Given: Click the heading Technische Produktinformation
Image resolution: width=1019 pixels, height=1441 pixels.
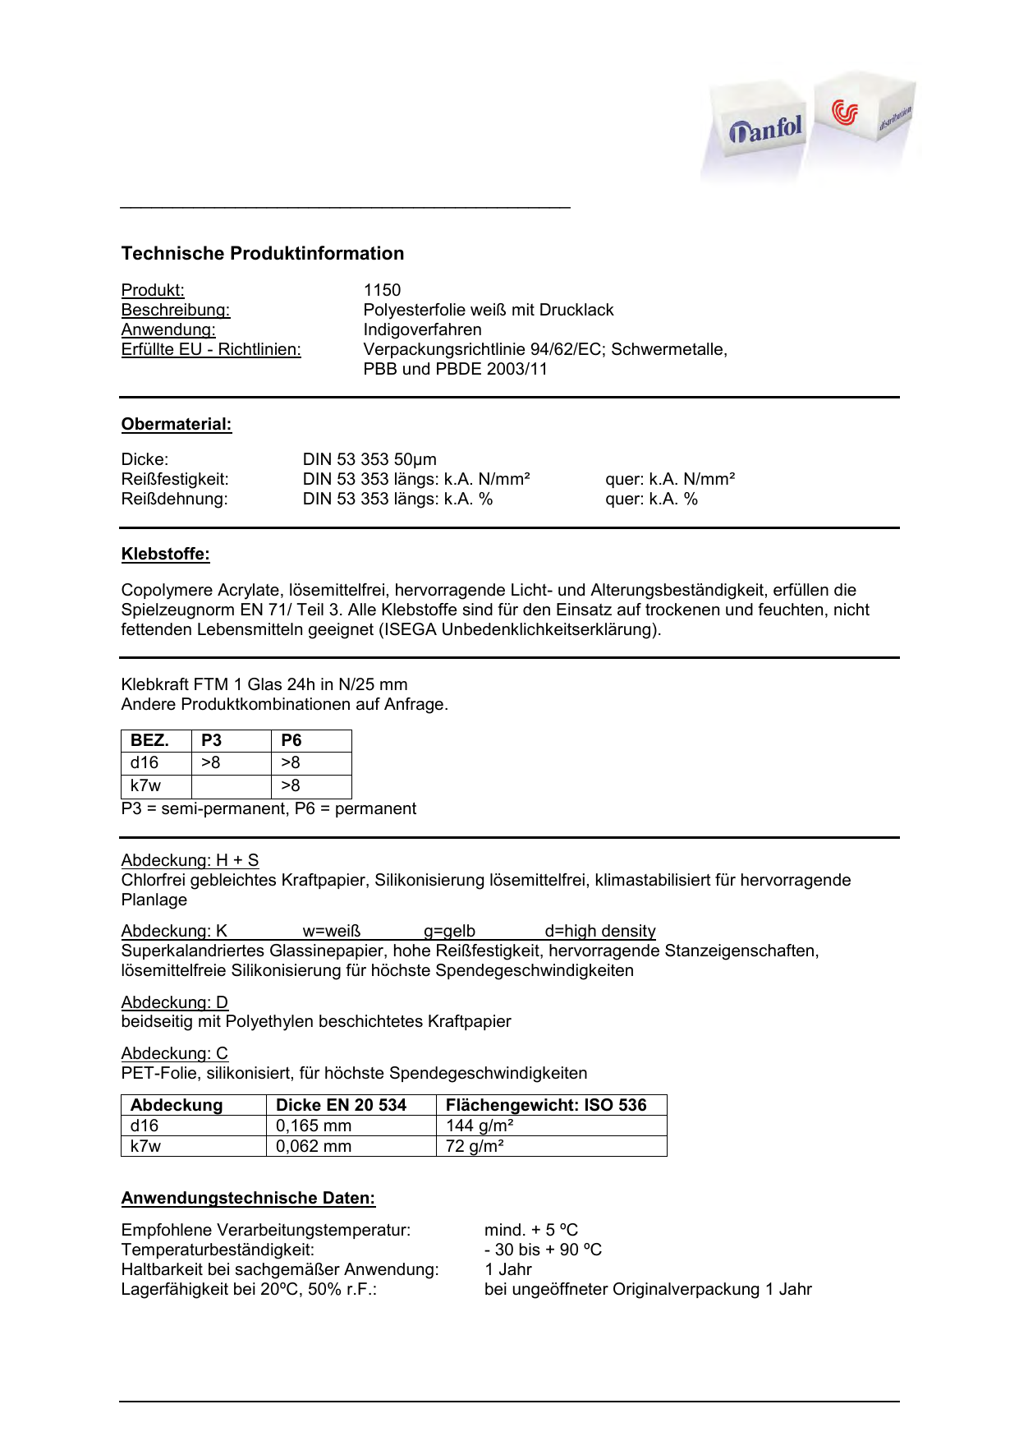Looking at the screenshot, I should [x=263, y=253].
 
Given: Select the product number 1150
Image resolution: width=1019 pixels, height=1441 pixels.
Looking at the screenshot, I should [x=382, y=290].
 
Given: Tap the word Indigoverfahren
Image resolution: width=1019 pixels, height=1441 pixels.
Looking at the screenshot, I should [x=422, y=329].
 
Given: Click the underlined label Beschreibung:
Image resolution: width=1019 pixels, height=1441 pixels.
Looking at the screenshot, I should [x=176, y=310].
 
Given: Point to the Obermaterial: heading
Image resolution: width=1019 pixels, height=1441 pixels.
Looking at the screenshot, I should [x=177, y=424].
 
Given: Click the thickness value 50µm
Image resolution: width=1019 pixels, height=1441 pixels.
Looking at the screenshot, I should [x=415, y=459].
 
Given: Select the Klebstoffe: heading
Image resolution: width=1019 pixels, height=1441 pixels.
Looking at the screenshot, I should [x=166, y=554].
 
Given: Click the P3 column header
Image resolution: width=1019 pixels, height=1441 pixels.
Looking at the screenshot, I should [x=212, y=740].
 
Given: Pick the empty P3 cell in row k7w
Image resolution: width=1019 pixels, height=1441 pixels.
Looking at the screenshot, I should [x=231, y=786].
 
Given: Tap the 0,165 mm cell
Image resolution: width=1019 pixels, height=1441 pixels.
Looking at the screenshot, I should [x=314, y=1126].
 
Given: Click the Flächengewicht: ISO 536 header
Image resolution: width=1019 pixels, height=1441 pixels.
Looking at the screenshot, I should [x=546, y=1105].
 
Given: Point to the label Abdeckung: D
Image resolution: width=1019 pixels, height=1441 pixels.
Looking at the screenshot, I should [x=175, y=1002].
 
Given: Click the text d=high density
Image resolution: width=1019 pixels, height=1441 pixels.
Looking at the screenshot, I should [x=600, y=931].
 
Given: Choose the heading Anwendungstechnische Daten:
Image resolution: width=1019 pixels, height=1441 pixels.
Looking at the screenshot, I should [x=248, y=1198].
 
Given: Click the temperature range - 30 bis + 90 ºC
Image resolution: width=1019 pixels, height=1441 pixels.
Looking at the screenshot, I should [x=543, y=1250].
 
